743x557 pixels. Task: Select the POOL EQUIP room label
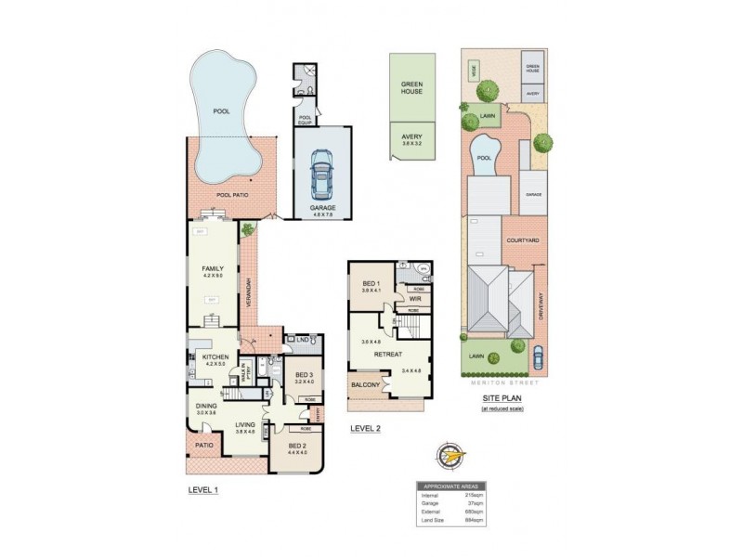coord(305,118)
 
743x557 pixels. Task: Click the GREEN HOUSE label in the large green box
coord(412,87)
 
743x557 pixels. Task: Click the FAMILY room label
coord(214,270)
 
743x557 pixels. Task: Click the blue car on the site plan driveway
coord(539,356)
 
